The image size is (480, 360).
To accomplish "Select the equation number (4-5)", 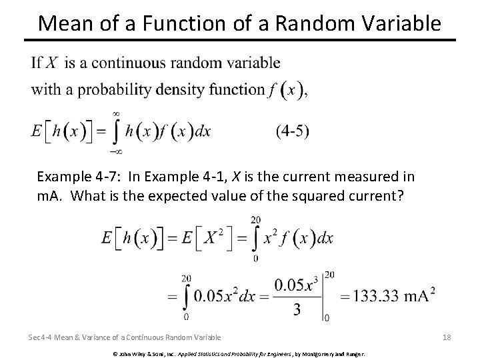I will pyautogui.click(x=292, y=131).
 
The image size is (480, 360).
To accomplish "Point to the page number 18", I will pyautogui.click(x=447, y=337).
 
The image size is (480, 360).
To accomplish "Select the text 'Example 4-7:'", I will pyautogui.click(x=73, y=177).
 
